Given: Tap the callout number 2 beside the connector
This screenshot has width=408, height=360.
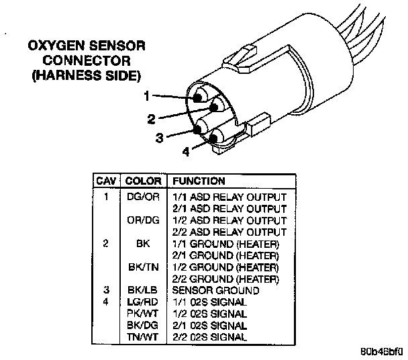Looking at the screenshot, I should tap(152, 119).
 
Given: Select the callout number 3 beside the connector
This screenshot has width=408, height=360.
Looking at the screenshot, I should tap(159, 138).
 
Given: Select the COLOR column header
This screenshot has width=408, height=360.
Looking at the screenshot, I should tap(144, 181).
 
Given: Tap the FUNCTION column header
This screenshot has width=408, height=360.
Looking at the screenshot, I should tap(199, 181).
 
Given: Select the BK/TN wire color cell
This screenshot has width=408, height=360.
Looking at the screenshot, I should tap(142, 267).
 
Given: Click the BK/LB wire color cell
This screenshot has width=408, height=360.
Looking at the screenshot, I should tap(142, 290).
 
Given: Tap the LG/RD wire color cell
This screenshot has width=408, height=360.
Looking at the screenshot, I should tap(142, 302).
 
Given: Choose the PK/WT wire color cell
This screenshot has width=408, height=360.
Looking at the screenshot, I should tap(142, 314).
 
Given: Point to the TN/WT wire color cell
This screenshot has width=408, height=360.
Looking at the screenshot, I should tap(142, 336).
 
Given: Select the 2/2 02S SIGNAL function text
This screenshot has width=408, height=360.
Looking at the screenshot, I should tap(210, 336).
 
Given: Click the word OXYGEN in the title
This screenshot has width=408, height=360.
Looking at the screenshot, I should tap(55, 47).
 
